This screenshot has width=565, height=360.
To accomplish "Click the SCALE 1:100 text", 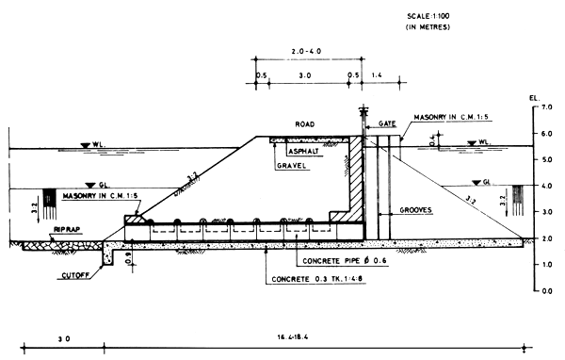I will pyautogui.click(x=429, y=17).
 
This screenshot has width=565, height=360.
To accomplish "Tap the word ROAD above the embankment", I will pyautogui.click(x=304, y=123).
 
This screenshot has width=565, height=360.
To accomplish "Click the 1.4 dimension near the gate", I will pyautogui.click(x=378, y=74).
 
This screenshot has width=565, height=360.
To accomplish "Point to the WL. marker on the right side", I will pyautogui.click(x=484, y=143).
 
